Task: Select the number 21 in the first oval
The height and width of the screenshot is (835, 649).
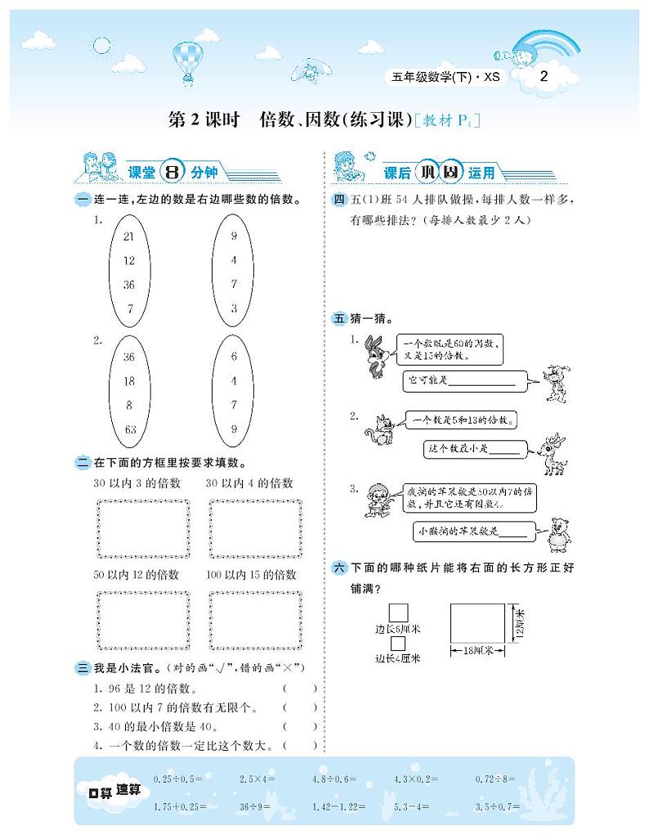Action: pyautogui.click(x=128, y=236)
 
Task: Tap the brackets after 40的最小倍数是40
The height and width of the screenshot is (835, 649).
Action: pyautogui.click(x=300, y=726)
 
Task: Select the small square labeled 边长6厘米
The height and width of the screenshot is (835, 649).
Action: pyautogui.click(x=398, y=613)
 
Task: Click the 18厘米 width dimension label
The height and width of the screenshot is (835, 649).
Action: pyautogui.click(x=478, y=651)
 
